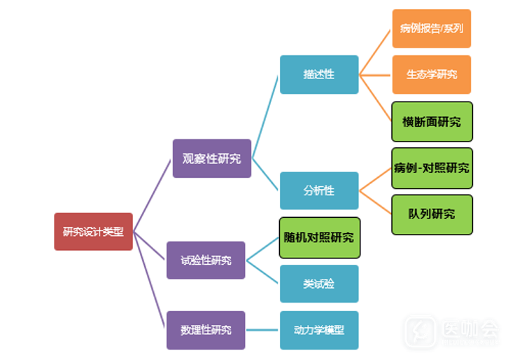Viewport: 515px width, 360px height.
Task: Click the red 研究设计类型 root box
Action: (x=93, y=232)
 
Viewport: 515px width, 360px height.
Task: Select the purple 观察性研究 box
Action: (x=211, y=158)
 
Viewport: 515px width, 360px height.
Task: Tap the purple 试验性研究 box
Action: (x=206, y=260)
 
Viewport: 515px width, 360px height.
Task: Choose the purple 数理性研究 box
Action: (x=206, y=329)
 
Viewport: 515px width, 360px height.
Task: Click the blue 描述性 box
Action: (x=319, y=74)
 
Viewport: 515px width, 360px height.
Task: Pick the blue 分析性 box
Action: (x=319, y=191)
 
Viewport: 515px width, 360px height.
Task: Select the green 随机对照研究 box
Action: (x=319, y=237)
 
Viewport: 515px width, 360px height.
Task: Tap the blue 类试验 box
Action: (x=319, y=284)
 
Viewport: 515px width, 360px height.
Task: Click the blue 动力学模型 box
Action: (x=319, y=329)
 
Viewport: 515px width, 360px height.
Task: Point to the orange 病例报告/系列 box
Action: (x=431, y=29)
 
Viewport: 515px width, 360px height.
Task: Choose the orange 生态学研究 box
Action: (x=431, y=74)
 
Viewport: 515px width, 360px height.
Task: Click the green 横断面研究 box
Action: (x=432, y=122)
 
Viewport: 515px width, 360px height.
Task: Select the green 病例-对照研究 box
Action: (x=432, y=168)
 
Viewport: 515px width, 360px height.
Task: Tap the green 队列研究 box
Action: (x=432, y=214)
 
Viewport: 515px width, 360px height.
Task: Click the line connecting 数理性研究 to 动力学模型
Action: (x=262, y=329)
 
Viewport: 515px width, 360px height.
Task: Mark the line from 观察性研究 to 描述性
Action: (x=266, y=116)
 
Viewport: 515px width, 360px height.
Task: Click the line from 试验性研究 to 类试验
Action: (x=264, y=272)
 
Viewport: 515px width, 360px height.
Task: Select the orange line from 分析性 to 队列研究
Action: (x=375, y=202)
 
